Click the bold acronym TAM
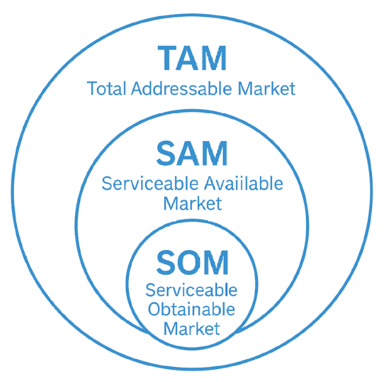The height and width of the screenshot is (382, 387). point(192,58)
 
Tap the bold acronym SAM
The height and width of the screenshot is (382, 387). point(192,153)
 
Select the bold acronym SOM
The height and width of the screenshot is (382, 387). point(192,262)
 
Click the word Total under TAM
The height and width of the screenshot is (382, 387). point(106,89)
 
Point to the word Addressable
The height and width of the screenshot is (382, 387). point(181,89)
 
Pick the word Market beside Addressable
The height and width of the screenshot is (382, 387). point(267,89)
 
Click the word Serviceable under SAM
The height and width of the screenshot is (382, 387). point(150,183)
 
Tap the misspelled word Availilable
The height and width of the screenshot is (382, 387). point(244,183)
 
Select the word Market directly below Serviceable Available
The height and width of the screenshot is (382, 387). point(193,203)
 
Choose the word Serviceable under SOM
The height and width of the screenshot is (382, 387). point(191,290)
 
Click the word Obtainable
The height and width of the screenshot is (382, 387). point(191,309)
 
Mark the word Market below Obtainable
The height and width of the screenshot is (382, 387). point(192,329)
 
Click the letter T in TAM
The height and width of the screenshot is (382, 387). point(167,58)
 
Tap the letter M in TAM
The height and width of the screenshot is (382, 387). point(213,58)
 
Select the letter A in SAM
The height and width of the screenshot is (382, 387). point(189,153)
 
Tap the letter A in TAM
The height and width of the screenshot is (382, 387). point(188,58)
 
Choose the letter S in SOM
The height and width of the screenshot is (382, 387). point(166,262)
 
